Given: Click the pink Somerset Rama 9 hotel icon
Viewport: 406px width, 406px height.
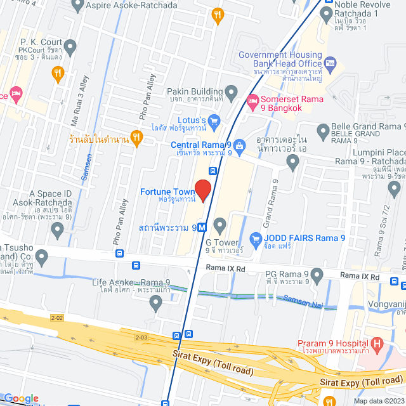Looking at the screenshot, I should tap(252, 100).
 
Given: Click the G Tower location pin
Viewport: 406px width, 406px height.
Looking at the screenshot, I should tap(220, 224).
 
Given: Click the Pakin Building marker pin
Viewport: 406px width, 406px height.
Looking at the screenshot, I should tap(231, 92).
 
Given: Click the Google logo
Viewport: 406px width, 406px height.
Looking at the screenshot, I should tap(21, 398).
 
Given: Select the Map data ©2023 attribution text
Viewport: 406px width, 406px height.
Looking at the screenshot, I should tap(378, 400).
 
